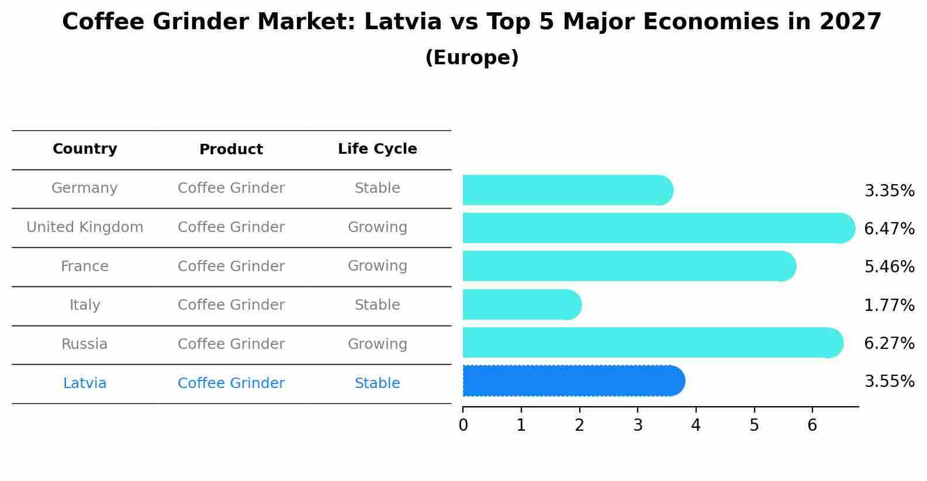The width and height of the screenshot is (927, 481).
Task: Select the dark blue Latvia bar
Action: [x=573, y=381]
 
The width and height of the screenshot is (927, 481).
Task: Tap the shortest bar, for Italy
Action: [x=520, y=304]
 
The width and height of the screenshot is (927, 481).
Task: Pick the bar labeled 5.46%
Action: [x=628, y=266]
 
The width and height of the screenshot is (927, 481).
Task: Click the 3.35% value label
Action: [x=889, y=191]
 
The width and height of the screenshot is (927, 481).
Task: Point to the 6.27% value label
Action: [x=889, y=343]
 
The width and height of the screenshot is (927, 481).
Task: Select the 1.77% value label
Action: [x=889, y=305]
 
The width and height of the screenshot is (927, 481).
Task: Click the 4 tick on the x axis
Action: [x=696, y=425]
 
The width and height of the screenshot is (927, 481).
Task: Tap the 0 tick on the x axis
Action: [x=464, y=425]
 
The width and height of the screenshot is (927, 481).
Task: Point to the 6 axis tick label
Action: [x=812, y=425]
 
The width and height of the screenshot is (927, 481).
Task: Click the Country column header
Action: [x=85, y=149]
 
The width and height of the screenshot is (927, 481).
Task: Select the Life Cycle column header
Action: [x=377, y=149]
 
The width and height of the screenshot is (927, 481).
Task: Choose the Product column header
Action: [x=231, y=150]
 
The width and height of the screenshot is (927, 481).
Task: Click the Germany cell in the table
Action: [x=85, y=188]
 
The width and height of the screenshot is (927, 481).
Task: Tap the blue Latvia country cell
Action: [x=85, y=383]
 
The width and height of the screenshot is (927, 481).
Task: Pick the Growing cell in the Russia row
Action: [x=377, y=344]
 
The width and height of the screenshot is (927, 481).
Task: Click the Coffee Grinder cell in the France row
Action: [x=231, y=267]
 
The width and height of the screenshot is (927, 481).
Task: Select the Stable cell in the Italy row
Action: [x=377, y=305]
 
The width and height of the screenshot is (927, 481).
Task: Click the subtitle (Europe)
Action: [x=472, y=58]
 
